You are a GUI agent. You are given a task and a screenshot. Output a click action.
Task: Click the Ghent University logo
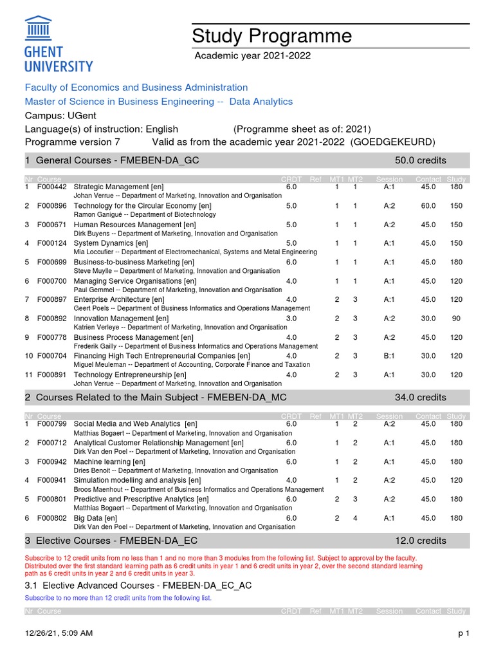tap(59, 44)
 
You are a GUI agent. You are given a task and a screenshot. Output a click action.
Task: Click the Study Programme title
tap(272, 36)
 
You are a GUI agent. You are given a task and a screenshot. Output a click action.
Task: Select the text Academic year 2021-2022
tap(253, 56)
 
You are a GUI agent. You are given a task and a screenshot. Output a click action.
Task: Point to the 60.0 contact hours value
tap(428, 206)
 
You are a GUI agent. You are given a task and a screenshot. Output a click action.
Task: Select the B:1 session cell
tap(389, 356)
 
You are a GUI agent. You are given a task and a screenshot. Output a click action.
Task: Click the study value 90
tap(456, 319)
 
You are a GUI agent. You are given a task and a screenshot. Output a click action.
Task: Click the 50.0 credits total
tap(420, 160)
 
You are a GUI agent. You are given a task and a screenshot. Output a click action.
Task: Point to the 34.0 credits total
tap(420, 397)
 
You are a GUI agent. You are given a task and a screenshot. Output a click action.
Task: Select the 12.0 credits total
tap(420, 541)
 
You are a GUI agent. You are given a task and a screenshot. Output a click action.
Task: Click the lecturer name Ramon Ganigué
tap(98, 214)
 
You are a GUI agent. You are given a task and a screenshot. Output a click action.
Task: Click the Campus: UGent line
tap(61, 115)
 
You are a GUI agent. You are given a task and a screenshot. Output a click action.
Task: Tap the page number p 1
tap(464, 634)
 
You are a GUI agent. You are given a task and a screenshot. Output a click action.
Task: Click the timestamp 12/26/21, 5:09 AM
tap(59, 634)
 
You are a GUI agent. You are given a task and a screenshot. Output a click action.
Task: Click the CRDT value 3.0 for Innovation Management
tap(291, 319)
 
